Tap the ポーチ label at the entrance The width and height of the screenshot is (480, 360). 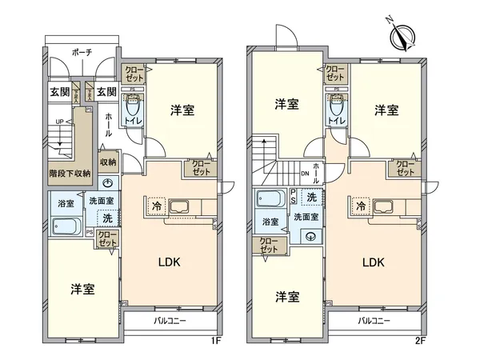pyautogui.click(x=82, y=52)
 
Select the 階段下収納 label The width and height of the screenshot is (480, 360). pyautogui.click(x=70, y=172)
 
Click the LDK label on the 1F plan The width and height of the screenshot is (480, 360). pyautogui.click(x=168, y=262)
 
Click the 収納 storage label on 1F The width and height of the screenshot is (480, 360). pyautogui.click(x=109, y=162)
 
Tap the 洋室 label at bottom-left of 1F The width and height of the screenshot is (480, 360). pyautogui.click(x=82, y=289)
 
